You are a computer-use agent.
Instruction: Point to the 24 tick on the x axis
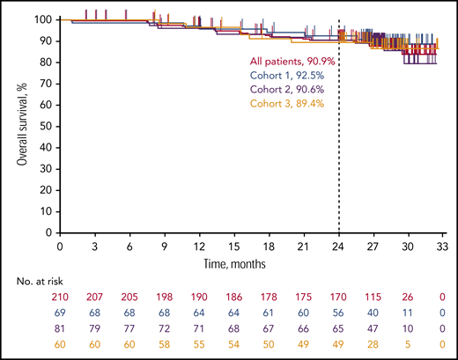click(339, 246)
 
